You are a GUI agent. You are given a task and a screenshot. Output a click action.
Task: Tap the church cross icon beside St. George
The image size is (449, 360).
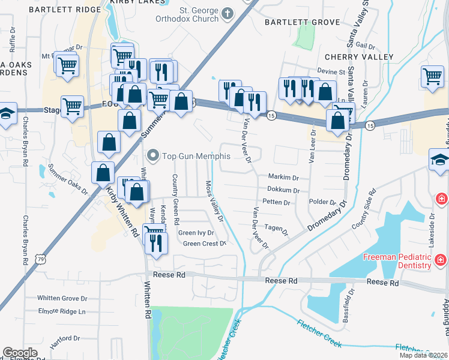(x=228, y=13)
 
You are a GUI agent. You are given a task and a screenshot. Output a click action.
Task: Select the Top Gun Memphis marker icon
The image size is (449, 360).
(x=153, y=156)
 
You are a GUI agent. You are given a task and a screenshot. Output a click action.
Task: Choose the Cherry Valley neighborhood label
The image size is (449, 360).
(x=358, y=57)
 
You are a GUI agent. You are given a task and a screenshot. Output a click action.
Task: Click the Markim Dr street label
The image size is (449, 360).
(x=283, y=178)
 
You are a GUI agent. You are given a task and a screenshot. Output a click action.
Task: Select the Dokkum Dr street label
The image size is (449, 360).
(x=283, y=190)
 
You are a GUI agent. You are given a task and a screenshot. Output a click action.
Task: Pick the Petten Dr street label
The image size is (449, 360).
(x=276, y=202)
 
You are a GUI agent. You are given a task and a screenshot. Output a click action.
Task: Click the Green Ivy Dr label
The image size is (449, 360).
(x=196, y=233)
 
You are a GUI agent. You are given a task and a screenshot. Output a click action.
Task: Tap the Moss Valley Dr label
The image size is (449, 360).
(x=214, y=201)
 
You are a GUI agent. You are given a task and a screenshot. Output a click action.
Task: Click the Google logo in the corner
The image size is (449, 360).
(x=20, y=352)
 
